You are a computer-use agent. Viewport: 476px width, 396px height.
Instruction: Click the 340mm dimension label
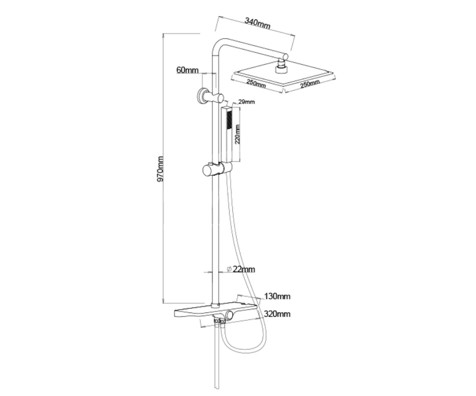point(257,23)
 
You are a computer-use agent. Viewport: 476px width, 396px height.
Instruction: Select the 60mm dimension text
point(187,70)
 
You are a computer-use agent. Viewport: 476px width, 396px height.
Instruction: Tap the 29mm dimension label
point(246,102)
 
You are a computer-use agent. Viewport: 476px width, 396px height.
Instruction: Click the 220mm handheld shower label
point(237,134)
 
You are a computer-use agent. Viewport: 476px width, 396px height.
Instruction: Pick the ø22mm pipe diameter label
point(241,269)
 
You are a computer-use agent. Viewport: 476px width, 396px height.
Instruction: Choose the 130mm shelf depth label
point(277,296)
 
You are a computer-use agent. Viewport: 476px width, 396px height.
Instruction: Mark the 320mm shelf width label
point(277,314)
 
